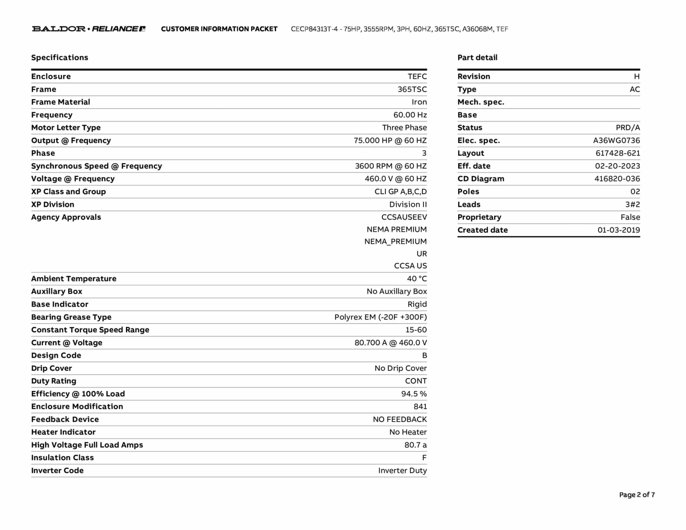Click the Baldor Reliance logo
tap(88, 29)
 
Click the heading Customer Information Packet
tap(219, 29)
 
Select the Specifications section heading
tap(60, 58)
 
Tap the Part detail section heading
tap(477, 58)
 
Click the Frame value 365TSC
tap(412, 89)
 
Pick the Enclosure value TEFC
tap(417, 76)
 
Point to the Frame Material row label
tap(61, 102)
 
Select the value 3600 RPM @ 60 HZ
tap(391, 166)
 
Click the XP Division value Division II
tap(408, 204)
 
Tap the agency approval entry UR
tap(422, 254)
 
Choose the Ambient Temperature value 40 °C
tap(417, 279)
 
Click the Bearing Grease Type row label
tap(71, 317)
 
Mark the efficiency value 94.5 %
tap(414, 394)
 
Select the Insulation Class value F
tap(424, 458)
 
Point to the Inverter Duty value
tap(402, 470)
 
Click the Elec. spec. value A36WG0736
tap(616, 141)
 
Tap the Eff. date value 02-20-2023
tap(617, 166)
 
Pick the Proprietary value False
tap(630, 217)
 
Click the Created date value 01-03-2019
tap(619, 230)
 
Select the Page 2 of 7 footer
tap(637, 495)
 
